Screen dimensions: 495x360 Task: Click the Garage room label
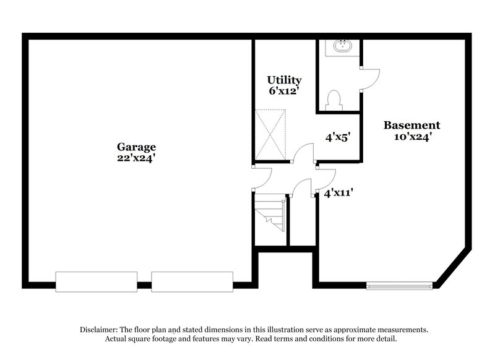[x=136, y=147]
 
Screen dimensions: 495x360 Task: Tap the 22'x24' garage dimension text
[x=136, y=158]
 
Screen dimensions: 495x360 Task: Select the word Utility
[x=284, y=80]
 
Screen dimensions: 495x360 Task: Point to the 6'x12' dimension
[x=284, y=91]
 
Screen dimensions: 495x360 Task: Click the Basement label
[x=411, y=126]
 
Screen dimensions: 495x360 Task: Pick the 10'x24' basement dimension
[x=413, y=137]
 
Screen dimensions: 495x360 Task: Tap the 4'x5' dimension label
[x=338, y=137]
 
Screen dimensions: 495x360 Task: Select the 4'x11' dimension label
[x=338, y=192]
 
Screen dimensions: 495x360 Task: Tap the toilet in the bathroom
[x=334, y=100]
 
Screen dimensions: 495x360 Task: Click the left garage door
[x=97, y=282]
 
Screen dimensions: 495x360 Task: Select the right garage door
[x=192, y=282]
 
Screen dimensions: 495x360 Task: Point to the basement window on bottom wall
[x=399, y=286]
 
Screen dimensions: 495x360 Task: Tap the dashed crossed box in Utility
[x=270, y=134]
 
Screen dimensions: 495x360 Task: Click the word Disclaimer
[x=99, y=330]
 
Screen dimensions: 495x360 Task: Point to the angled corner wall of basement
[x=454, y=268]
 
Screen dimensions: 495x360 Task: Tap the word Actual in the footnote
[x=114, y=339]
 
